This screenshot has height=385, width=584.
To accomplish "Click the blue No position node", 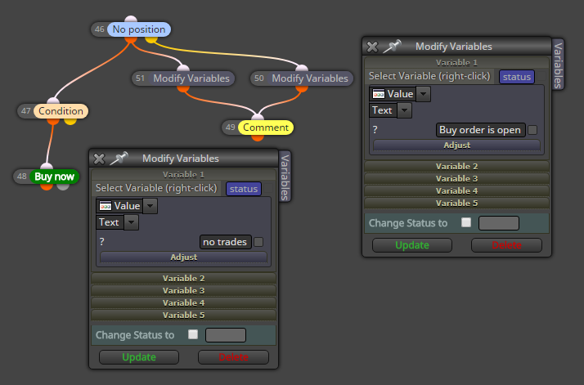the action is [x=139, y=29].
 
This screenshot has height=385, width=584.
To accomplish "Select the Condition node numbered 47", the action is [x=61, y=111].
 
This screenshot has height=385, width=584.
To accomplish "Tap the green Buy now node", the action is [x=54, y=177].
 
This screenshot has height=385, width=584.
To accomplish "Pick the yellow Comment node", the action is [x=266, y=128].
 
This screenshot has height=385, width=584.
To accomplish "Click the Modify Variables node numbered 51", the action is [x=191, y=78].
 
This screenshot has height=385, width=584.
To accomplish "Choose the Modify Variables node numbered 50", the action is [x=309, y=78].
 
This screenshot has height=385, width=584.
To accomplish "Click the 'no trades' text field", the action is [x=225, y=242].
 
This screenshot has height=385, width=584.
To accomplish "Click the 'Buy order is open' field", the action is [x=480, y=130].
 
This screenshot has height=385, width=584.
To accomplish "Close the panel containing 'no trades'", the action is [x=99, y=159].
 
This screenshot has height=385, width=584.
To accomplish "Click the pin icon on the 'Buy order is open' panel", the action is [x=392, y=46].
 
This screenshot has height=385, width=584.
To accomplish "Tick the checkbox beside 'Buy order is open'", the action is [x=532, y=130].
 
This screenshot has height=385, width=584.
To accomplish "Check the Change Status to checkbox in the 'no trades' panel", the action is [x=193, y=334].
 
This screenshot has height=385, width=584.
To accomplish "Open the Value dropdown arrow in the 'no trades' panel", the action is [x=150, y=206].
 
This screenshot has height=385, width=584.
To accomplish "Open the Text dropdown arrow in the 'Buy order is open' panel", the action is [x=405, y=110].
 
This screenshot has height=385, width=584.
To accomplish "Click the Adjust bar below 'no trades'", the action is [x=183, y=257].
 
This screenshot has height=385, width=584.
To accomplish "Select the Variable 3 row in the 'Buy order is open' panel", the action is [x=456, y=179].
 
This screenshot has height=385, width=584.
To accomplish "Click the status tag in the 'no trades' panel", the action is [x=244, y=189].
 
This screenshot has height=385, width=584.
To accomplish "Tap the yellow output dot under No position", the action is [x=150, y=38].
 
